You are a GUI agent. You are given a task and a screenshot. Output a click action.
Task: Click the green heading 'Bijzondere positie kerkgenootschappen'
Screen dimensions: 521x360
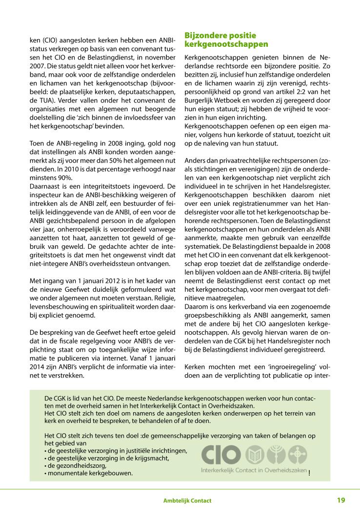pos(226,40)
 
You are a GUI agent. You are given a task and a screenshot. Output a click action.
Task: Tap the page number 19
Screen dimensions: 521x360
pos(341,500)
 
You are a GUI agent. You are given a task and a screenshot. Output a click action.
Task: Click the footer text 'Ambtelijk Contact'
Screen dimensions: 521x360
pos(187,501)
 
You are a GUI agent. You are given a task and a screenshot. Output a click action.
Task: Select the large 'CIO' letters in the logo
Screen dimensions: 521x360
pos(221,455)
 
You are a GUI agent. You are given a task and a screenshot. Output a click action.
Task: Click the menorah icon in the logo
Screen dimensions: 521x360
pos(276,455)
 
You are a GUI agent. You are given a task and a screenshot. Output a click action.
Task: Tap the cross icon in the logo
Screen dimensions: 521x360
pos(297,455)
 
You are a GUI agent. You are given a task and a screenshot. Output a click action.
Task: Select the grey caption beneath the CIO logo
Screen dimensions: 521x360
pos(254,470)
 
